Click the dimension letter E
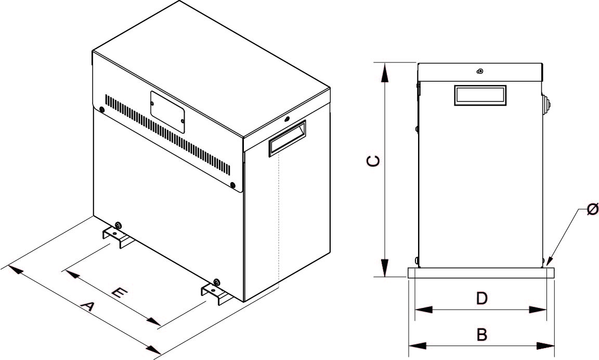pos(119,293)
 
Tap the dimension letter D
pos(481,298)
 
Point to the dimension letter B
pos(482,335)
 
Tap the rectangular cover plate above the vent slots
pos(167,111)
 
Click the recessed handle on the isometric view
pos(287,138)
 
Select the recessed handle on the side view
pos(479,95)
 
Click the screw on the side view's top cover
pos(480,71)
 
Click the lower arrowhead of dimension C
pos(384,268)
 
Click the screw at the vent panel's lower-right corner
pos(232,185)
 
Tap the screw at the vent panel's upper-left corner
pos(101,110)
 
